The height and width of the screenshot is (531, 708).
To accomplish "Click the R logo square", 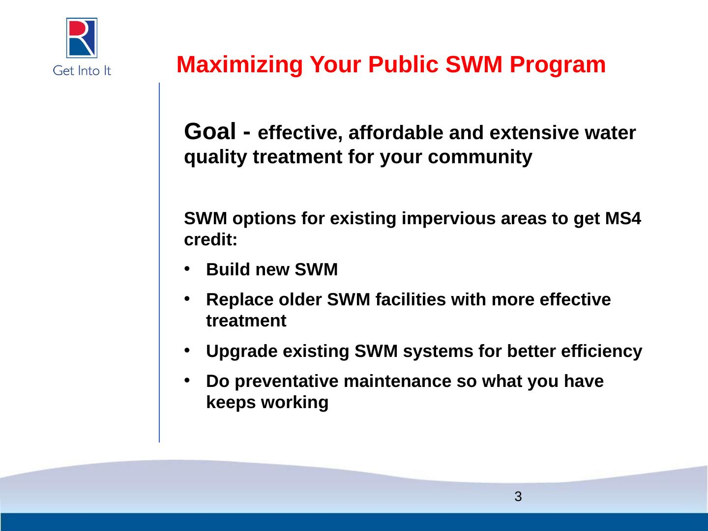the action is click(82, 38).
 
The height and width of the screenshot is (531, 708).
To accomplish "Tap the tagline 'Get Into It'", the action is click(82, 71).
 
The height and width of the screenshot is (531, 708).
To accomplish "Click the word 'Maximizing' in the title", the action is click(239, 64).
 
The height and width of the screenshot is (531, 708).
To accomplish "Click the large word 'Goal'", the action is click(209, 132).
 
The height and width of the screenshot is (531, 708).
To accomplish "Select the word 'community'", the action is click(480, 157).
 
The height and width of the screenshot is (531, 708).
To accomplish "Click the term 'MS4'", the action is click(623, 218).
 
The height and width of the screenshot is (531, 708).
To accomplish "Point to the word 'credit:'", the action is click(210, 239).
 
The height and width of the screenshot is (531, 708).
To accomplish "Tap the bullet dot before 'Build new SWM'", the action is click(187, 268).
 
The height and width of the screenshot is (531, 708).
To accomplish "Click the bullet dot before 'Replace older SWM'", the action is click(187, 298).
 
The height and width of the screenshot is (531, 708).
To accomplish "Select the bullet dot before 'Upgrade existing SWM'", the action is click(187, 350).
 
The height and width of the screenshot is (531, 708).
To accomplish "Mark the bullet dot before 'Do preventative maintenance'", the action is click(187, 380).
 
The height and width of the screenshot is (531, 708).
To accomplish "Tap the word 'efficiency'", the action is click(602, 352).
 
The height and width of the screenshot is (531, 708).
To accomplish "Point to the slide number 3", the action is click(518, 497).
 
